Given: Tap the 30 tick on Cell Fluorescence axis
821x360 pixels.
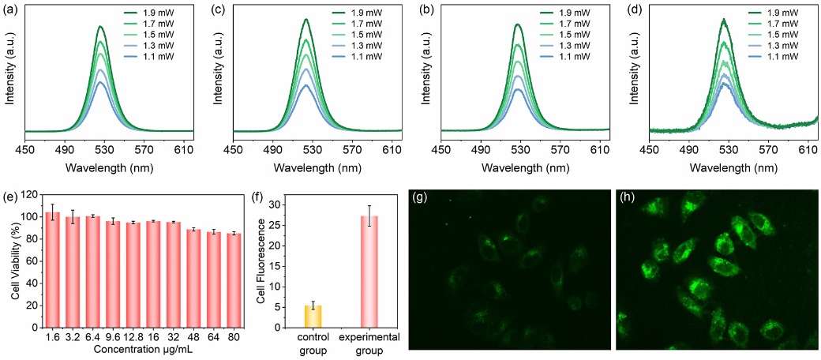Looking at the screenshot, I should tap(287, 204).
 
